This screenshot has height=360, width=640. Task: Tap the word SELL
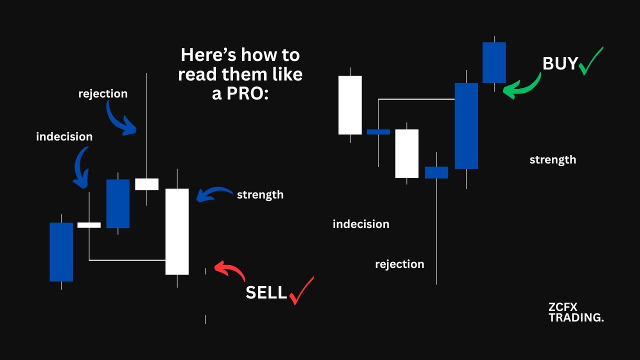point(266,293)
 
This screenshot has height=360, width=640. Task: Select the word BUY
point(560,64)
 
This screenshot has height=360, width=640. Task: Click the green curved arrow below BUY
point(522,86)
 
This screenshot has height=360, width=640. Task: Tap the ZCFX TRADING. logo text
point(576,312)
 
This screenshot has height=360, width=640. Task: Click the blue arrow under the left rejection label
point(121,120)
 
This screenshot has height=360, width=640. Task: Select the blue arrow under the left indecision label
point(80,167)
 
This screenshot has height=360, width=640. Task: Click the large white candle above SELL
point(177,231)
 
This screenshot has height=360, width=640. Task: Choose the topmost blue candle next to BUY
point(494,62)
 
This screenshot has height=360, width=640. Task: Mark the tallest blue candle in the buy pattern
point(466,126)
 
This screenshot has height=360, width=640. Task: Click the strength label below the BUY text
point(552,160)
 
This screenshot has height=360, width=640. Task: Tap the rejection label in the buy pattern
point(399,264)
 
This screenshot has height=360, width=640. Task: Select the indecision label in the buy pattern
point(360,224)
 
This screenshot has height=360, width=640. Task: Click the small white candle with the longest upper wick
point(146,184)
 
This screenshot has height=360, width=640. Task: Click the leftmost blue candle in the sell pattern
point(61,252)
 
